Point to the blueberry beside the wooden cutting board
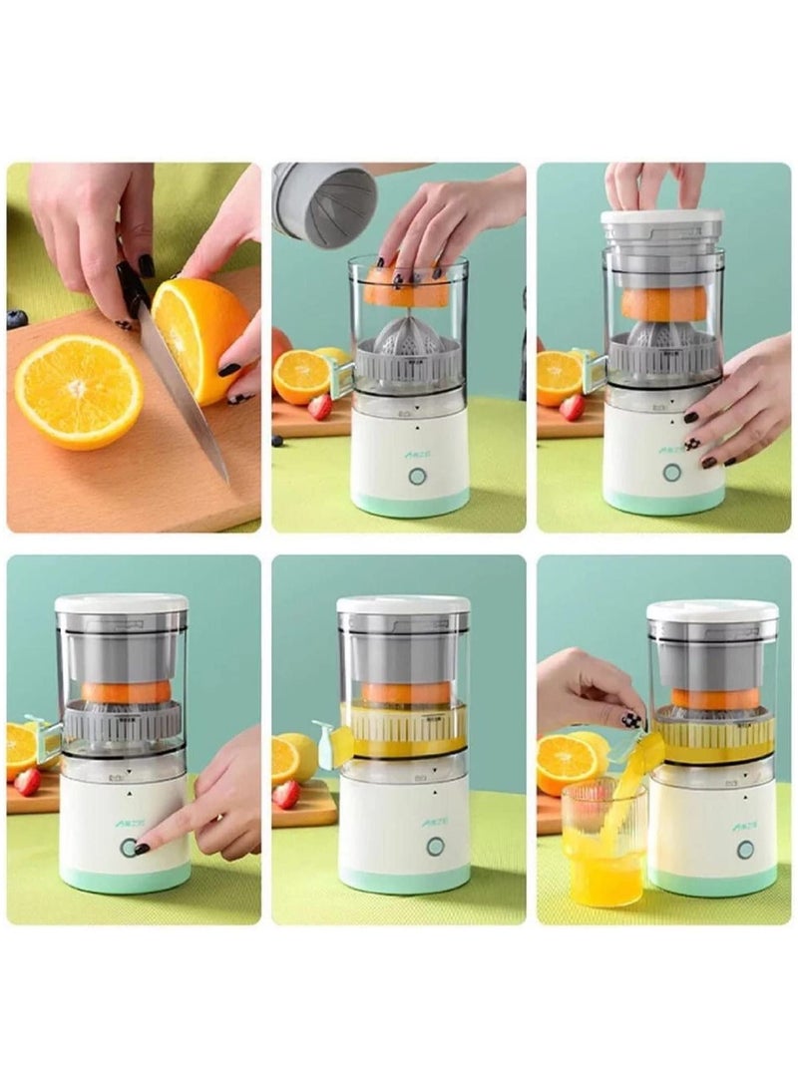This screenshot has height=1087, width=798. pyautogui.click(x=17, y=319)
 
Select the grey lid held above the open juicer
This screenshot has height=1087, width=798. pyautogui.click(x=324, y=203)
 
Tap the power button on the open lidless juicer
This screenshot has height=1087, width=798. pyautogui.click(x=414, y=476)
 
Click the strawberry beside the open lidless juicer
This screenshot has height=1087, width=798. pyautogui.click(x=319, y=406)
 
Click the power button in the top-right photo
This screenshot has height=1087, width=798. pyautogui.click(x=672, y=472)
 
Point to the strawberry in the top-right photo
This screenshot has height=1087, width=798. pyautogui.click(x=572, y=407)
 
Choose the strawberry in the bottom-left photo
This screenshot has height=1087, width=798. pyautogui.click(x=28, y=781)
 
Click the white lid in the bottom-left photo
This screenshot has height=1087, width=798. pyautogui.click(x=122, y=603)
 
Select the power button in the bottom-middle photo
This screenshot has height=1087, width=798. pyautogui.click(x=435, y=846)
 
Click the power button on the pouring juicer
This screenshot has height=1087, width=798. pyautogui.click(x=745, y=850)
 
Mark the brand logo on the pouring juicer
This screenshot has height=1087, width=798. pyautogui.click(x=744, y=826)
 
